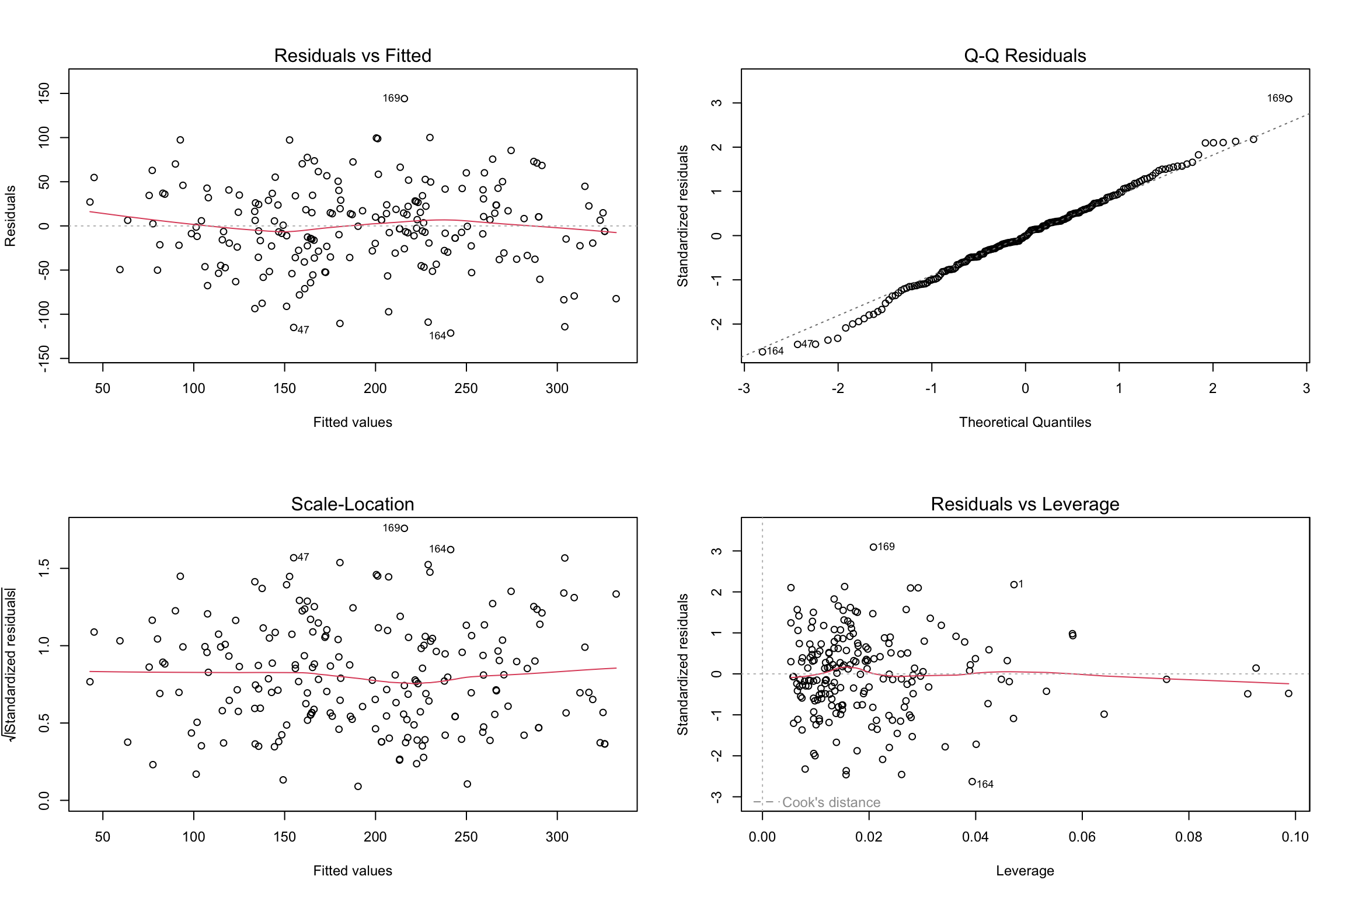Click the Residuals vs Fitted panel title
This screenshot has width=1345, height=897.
pyautogui.click(x=353, y=55)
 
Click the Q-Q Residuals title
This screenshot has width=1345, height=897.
pyautogui.click(x=1025, y=55)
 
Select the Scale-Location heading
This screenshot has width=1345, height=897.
pyautogui.click(x=353, y=504)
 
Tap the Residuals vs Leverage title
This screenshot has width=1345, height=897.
pyautogui.click(x=1025, y=504)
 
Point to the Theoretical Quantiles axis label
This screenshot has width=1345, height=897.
pyautogui.click(x=1025, y=422)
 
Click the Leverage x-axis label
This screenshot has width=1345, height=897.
pyautogui.click(x=1025, y=871)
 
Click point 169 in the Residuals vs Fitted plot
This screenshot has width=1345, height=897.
pyautogui.click(x=405, y=99)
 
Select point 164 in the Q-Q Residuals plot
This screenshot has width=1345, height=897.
pyautogui.click(x=762, y=352)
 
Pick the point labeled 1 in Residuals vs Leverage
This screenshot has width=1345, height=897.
pyautogui.click(x=1014, y=585)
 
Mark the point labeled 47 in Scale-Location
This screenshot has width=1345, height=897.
pyautogui.click(x=294, y=558)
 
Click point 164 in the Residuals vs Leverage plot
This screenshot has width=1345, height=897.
pyautogui.click(x=972, y=781)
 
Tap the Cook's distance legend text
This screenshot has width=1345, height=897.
pyautogui.click(x=831, y=802)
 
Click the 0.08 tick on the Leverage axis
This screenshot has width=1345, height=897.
pyautogui.click(x=1189, y=837)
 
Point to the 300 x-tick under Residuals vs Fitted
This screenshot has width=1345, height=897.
pyautogui.click(x=557, y=388)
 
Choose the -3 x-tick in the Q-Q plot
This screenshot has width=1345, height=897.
pyautogui.click(x=744, y=388)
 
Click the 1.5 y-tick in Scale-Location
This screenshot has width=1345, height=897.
pyautogui.click(x=44, y=568)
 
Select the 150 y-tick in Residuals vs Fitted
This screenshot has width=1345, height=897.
pyautogui.click(x=44, y=93)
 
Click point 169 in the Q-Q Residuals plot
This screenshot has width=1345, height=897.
pyautogui.click(x=1289, y=99)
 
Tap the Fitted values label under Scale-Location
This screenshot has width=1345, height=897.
pyautogui.click(x=353, y=871)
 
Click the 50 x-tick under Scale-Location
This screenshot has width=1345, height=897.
pyautogui.click(x=103, y=837)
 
